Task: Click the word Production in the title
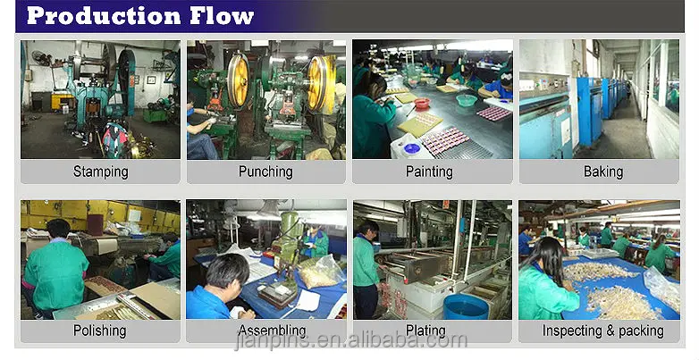(x=104, y=16)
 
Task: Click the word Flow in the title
(x=222, y=16)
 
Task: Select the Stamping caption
(x=101, y=172)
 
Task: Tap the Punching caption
(x=265, y=172)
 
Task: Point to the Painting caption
(x=429, y=172)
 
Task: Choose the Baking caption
(x=603, y=172)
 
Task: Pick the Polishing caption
(x=100, y=331)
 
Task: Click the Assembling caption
(x=272, y=331)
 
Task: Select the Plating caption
(x=425, y=331)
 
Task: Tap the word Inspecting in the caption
(x=571, y=331)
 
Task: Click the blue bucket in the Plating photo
(x=467, y=306)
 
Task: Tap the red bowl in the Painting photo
(x=422, y=103)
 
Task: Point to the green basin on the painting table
(x=467, y=100)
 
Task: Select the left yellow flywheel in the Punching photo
(x=238, y=80)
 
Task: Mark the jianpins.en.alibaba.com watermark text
(x=350, y=341)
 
